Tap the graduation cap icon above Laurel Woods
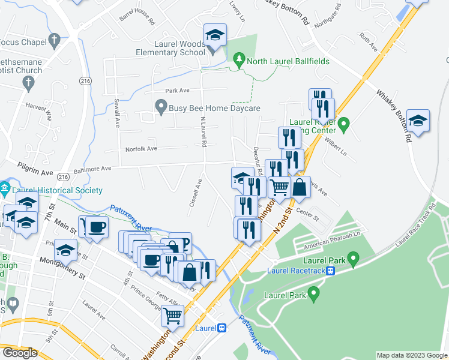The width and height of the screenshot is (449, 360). pyautogui.click(x=214, y=35)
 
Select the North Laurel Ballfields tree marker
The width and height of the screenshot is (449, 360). pyautogui.click(x=240, y=59)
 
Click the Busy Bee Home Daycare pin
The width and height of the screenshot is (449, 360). pyautogui.click(x=160, y=108)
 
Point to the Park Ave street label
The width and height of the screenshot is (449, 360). pyautogui.click(x=177, y=91)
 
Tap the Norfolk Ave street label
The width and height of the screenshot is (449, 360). pyautogui.click(x=140, y=149)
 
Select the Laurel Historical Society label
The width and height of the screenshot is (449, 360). pyautogui.click(x=58, y=190)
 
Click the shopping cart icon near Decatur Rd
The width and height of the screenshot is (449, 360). pyautogui.click(x=279, y=188)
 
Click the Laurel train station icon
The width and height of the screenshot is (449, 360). pyautogui.click(x=221, y=328)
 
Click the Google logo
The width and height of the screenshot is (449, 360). pyautogui.click(x=20, y=353)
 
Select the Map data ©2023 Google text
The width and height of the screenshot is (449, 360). pyautogui.click(x=411, y=355)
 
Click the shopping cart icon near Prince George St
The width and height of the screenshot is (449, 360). pyautogui.click(x=173, y=315)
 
